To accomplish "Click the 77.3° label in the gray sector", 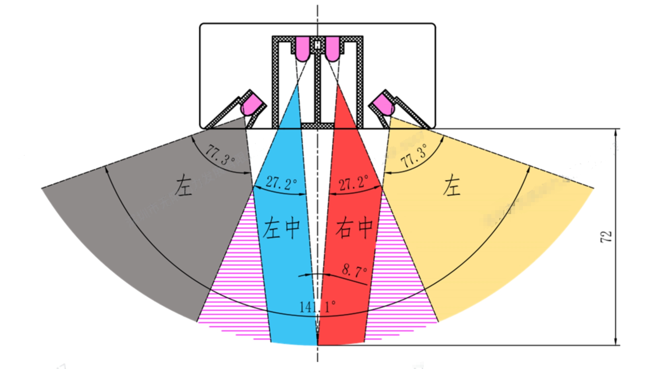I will (220, 155).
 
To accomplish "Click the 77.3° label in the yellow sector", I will (414, 156).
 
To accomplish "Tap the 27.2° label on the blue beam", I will (281, 183).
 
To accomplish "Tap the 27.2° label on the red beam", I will (354, 183).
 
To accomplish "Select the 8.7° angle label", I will (354, 270).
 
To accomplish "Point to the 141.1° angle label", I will (317, 307).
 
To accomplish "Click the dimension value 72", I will (606, 237).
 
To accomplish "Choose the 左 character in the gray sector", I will (184, 186).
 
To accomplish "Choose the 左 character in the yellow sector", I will (451, 186).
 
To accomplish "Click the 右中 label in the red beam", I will (354, 228).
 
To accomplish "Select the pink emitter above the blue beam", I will (302, 49).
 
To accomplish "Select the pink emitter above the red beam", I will (332, 49).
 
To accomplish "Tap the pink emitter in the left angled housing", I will (252, 104).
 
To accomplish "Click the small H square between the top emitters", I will (317, 45).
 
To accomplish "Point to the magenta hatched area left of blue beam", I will (238, 281).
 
